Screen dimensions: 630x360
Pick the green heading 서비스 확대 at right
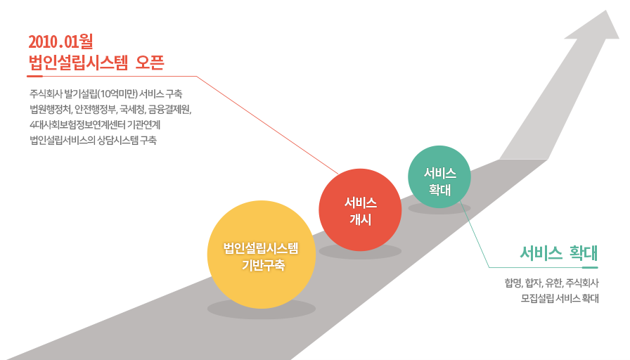click(x=559, y=252)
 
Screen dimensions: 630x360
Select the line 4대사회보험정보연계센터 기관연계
click(x=96, y=124)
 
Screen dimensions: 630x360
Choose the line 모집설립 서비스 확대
click(x=560, y=298)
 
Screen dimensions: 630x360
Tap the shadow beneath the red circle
click(x=360, y=252)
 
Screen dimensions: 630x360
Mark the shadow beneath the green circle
click(x=439, y=208)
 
